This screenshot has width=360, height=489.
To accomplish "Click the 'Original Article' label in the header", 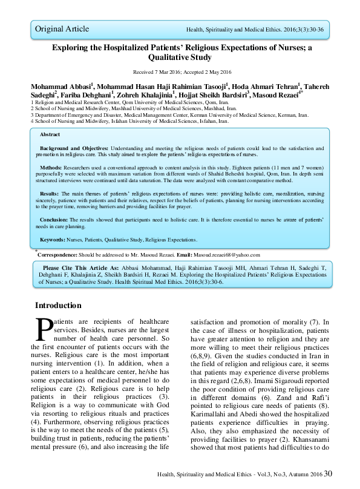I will (62, 28).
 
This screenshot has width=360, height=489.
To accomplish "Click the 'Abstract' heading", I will (50, 134).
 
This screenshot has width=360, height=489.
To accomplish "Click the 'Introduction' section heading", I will (58, 305).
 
